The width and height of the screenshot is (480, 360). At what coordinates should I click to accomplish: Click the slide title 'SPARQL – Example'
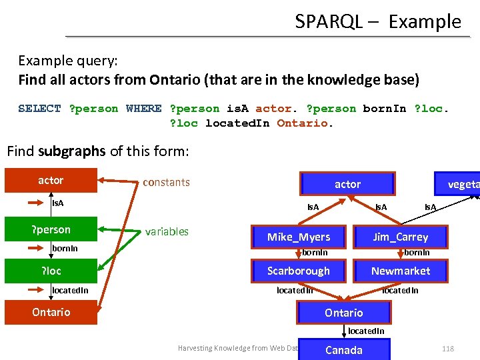[x=378, y=21]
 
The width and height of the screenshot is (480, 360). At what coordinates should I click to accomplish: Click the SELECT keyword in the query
[x=39, y=109]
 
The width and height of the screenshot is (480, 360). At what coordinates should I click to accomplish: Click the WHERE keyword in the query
[x=143, y=109]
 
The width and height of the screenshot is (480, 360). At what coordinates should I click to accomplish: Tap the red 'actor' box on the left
[x=51, y=181]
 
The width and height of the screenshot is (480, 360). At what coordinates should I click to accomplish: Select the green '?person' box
[x=51, y=230]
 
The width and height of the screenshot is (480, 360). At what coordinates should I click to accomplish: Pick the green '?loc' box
[x=51, y=271]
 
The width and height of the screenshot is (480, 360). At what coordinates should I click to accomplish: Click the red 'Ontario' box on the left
[x=51, y=313]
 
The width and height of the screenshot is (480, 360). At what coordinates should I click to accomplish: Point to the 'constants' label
[x=166, y=182]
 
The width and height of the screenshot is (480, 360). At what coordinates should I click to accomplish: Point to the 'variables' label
[x=167, y=231]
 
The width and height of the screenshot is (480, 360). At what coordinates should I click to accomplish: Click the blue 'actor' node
[x=347, y=184]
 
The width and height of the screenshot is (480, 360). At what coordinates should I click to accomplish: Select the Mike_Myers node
[x=299, y=237]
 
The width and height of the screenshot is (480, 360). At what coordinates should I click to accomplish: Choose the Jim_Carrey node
[x=400, y=237]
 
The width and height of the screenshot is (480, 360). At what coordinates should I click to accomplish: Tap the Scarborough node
[x=299, y=271]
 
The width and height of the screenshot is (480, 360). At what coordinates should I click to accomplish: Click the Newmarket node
[x=400, y=271]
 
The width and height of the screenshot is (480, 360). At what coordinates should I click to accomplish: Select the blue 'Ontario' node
[x=343, y=313]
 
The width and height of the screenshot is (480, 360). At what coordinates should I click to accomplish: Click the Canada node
[x=343, y=350]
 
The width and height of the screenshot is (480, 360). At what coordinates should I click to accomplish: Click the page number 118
[x=447, y=349]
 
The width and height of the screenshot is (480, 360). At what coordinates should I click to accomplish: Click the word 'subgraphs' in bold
[x=72, y=151]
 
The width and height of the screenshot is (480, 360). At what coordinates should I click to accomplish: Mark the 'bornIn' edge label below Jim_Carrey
[x=417, y=253]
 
